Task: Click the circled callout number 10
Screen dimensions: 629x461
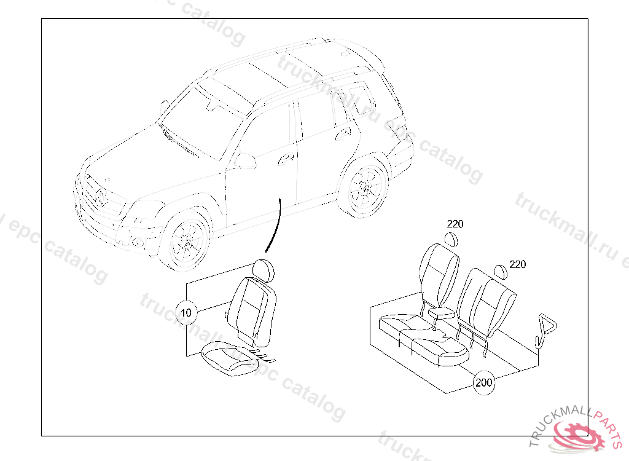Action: tap(187, 313)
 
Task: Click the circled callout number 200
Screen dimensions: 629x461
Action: tap(484, 382)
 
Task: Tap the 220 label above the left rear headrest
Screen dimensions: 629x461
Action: tap(455, 224)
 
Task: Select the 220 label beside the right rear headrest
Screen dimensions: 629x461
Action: tap(518, 265)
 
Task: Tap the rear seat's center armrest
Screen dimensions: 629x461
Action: tap(443, 313)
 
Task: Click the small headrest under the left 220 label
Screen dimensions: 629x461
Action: tap(452, 239)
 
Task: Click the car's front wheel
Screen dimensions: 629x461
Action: tap(186, 243)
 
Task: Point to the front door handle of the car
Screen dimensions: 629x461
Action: tap(286, 160)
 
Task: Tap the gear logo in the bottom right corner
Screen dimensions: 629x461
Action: tap(580, 435)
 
